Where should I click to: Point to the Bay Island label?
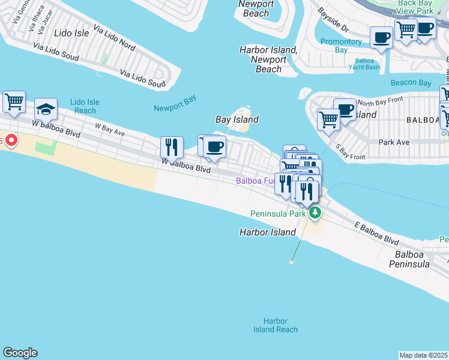click(x=237, y=119)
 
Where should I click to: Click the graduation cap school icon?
click(x=46, y=109)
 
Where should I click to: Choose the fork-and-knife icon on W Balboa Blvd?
click(x=172, y=147)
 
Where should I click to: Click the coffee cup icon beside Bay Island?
click(x=214, y=147)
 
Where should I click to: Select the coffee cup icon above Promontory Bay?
click(x=381, y=38)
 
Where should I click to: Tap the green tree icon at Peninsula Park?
click(x=315, y=212)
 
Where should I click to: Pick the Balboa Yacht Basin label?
click(x=364, y=64)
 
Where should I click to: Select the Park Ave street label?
click(x=394, y=142)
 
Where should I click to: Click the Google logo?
click(x=20, y=353)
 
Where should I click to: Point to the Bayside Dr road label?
click(x=334, y=20)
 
